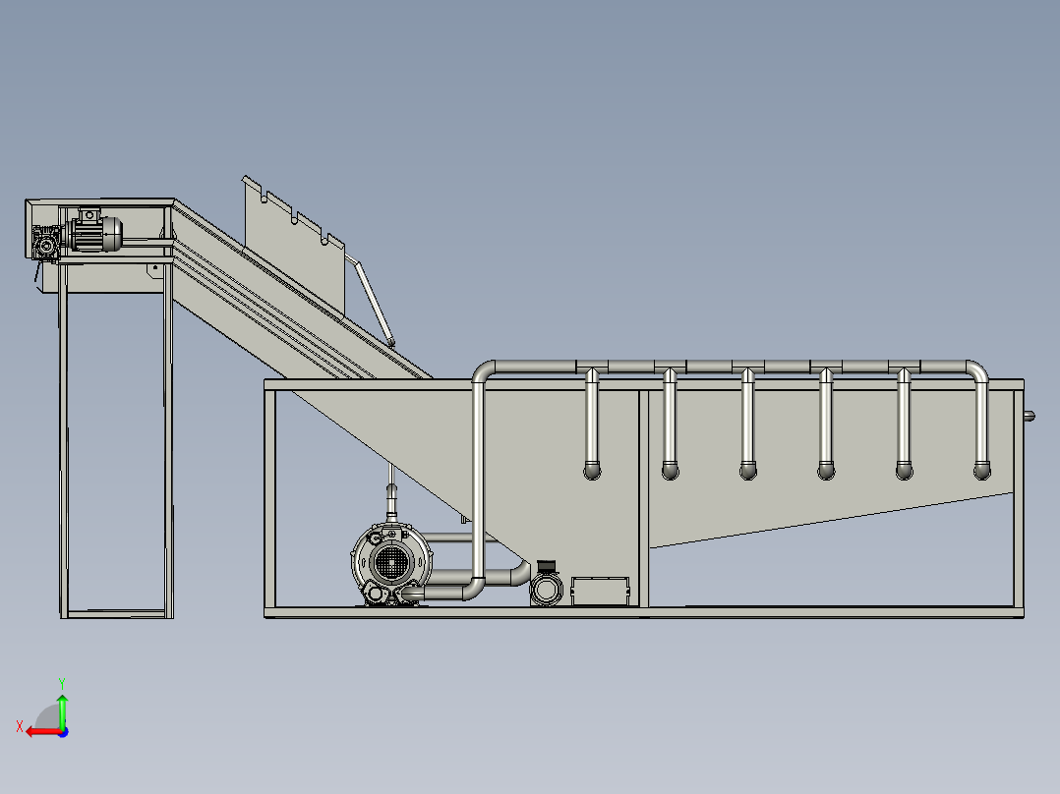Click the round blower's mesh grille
click(x=389, y=561)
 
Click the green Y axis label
click(x=62, y=683)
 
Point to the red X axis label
click(x=20, y=726)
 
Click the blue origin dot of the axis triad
click(x=63, y=732)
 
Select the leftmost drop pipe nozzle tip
click(x=592, y=471)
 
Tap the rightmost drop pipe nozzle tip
click(x=982, y=471)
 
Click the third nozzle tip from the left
click(x=748, y=471)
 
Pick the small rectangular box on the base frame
click(x=600, y=592)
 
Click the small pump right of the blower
click(x=547, y=585)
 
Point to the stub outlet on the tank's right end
click(x=1029, y=417)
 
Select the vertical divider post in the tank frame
click(x=643, y=498)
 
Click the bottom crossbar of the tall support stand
click(x=116, y=614)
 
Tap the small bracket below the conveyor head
click(x=154, y=271)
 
